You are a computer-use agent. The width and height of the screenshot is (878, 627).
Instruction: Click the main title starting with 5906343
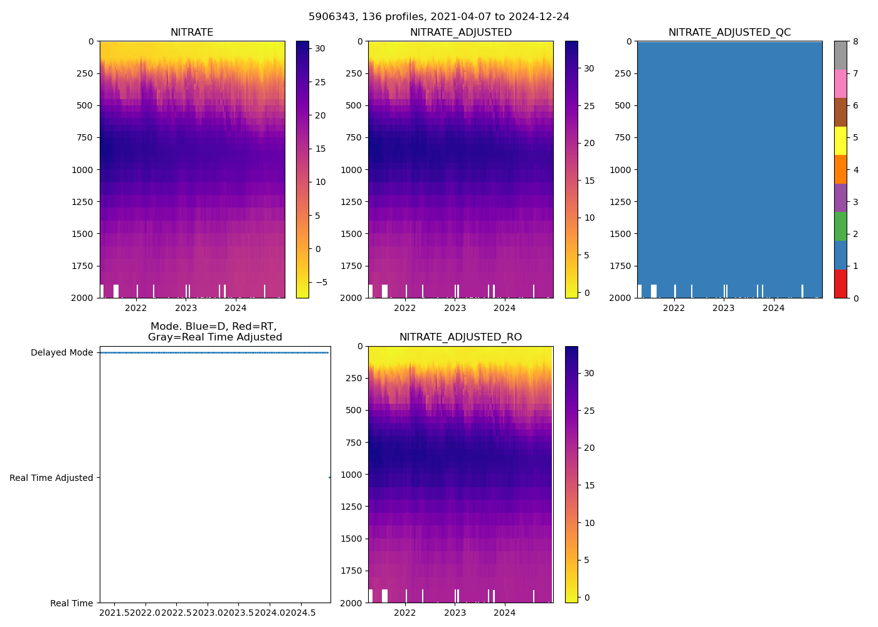439,17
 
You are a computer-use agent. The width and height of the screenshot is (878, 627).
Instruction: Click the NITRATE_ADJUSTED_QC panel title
729,33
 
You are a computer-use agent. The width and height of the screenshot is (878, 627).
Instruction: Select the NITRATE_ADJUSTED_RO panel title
460,337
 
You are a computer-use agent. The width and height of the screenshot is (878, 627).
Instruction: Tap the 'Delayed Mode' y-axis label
61,352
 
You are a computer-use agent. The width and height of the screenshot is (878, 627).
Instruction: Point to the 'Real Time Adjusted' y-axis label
51,478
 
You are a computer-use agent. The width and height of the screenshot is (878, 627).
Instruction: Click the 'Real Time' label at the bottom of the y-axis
71,603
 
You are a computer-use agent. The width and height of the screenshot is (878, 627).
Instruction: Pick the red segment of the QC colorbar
840,283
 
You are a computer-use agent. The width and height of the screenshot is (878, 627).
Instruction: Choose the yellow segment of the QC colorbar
840,140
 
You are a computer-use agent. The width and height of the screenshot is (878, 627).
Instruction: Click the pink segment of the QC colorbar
840,83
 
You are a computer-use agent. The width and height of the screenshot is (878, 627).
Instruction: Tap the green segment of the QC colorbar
840,226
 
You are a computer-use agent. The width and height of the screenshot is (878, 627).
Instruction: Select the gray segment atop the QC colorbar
840,55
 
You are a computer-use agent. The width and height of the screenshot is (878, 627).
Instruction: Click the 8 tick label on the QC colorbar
855,41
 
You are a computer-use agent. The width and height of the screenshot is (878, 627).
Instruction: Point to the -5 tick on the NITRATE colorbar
321,282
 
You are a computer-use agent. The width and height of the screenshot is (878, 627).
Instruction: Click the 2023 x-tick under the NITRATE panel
186,308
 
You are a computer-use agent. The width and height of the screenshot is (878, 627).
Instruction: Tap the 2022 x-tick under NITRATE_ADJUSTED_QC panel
674,308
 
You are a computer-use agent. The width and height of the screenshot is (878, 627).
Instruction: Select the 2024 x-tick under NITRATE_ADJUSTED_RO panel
504,613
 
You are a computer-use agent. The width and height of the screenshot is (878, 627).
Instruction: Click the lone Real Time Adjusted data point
330,478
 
